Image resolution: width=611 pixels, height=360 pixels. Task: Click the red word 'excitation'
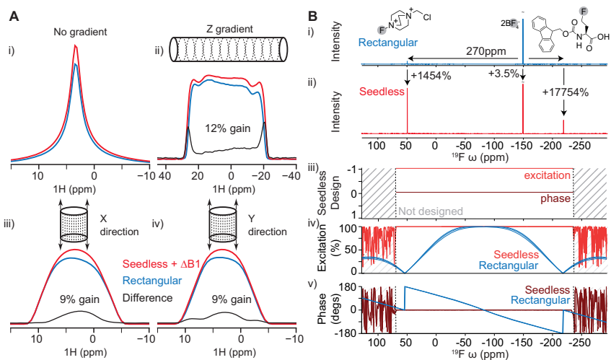click(x=547, y=176)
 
